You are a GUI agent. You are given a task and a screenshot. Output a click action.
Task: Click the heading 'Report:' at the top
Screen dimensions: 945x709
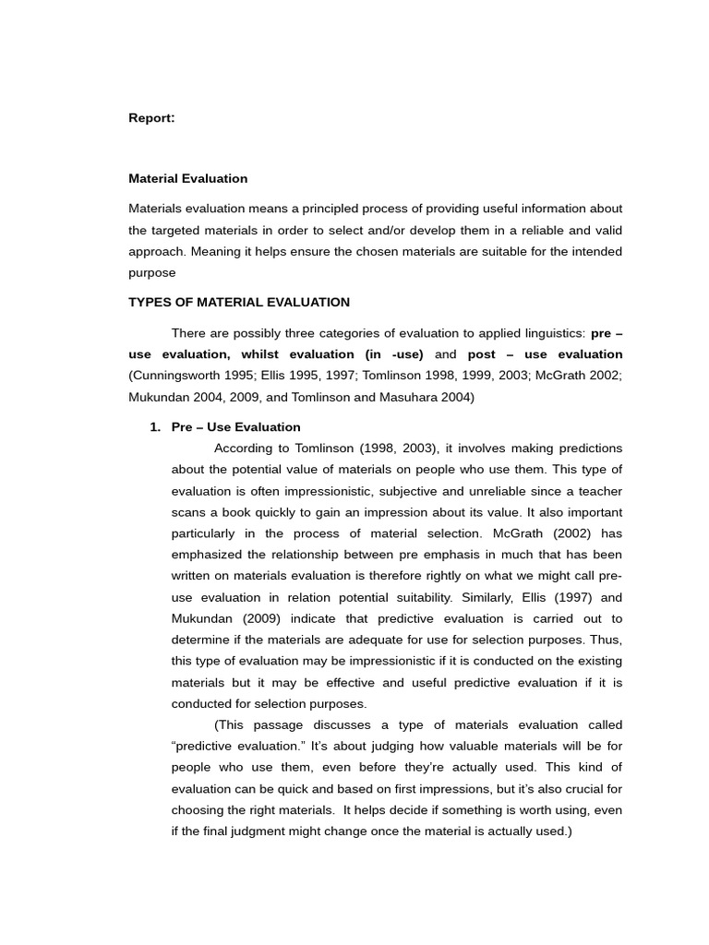pos(151,118)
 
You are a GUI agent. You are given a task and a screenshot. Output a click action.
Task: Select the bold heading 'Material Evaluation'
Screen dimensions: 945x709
pos(188,178)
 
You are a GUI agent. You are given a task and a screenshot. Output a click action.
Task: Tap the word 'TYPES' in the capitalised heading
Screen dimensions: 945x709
pos(150,302)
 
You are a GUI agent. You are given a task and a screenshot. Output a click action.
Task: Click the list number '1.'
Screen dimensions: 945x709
pos(155,427)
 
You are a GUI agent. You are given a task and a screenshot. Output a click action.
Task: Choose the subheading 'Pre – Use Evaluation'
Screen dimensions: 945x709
pos(236,427)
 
